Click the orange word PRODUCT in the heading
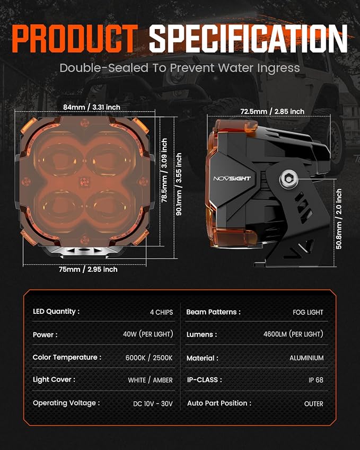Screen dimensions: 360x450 pos(75,39)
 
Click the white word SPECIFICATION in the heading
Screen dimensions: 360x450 pos(248,39)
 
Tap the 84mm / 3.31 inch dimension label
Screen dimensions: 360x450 pos(92,108)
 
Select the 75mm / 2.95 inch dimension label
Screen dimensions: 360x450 pos(88,269)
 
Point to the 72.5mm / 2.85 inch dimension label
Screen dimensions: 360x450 pos(272,111)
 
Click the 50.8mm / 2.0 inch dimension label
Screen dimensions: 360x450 pos(339,219)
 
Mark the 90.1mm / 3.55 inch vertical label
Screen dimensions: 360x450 pos(178,184)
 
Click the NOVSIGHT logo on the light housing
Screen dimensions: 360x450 pos(232,179)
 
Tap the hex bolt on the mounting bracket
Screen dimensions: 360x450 pos(288,180)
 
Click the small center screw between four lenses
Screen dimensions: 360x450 pos(84,181)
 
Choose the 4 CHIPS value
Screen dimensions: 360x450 pos(161,312)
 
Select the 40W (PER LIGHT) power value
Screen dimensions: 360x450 pos(148,334)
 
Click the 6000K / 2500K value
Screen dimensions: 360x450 pos(149,358)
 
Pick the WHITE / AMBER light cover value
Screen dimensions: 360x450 pos(151,380)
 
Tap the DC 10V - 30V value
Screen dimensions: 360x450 pos(153,404)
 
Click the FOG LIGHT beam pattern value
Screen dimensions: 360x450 pos(308,312)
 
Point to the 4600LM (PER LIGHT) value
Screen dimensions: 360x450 pos(293,334)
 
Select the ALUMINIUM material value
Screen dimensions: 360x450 pos(306,358)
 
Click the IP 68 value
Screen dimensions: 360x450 pos(316,380)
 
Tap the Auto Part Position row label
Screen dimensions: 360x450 pos(219,403)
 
